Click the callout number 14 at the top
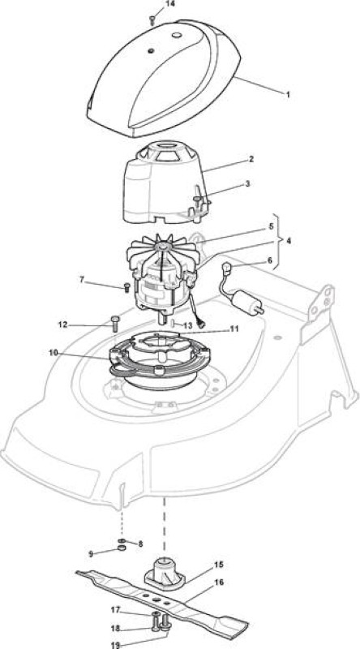(x=170, y=4)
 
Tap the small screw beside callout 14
(x=152, y=19)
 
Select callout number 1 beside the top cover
(x=288, y=94)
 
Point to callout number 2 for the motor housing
(x=251, y=159)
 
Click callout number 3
(x=247, y=184)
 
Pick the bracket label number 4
(x=289, y=240)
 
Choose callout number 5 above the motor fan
(x=271, y=226)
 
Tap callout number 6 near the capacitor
(x=270, y=260)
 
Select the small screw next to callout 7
(x=127, y=287)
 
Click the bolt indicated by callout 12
(x=114, y=323)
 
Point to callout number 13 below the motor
(x=188, y=326)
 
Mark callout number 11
(x=234, y=329)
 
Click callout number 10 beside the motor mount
(x=54, y=353)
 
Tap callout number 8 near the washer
(x=140, y=544)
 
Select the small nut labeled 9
(x=122, y=548)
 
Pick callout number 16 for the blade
(x=219, y=582)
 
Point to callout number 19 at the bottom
(x=116, y=645)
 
